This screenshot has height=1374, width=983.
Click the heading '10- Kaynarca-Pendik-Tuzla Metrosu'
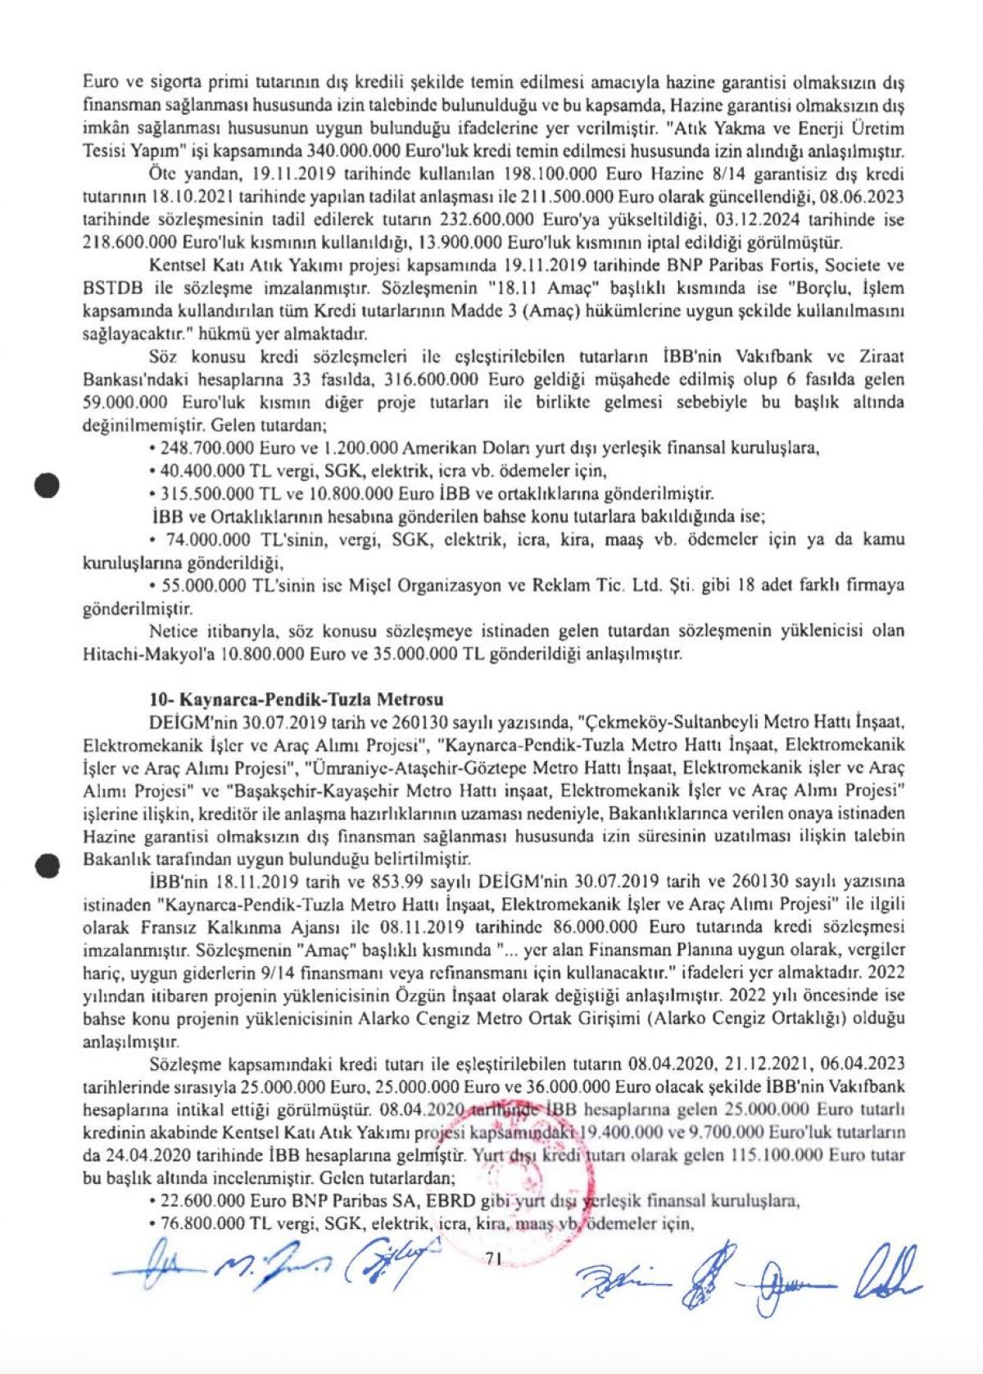[x=296, y=700]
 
